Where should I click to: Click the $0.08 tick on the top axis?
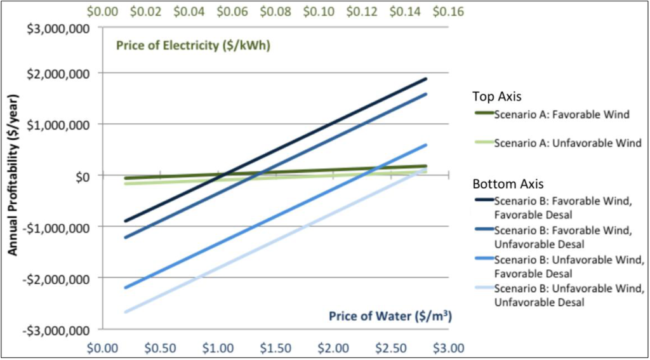click(x=277, y=11)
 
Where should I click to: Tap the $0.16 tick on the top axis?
click(x=449, y=11)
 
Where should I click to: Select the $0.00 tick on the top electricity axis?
click(x=103, y=11)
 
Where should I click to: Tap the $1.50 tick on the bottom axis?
click(x=276, y=348)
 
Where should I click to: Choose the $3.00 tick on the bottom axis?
click(x=449, y=348)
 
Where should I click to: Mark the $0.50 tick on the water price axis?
click(x=161, y=348)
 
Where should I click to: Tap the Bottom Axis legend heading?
click(x=508, y=184)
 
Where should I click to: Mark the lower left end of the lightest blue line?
click(x=126, y=312)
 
